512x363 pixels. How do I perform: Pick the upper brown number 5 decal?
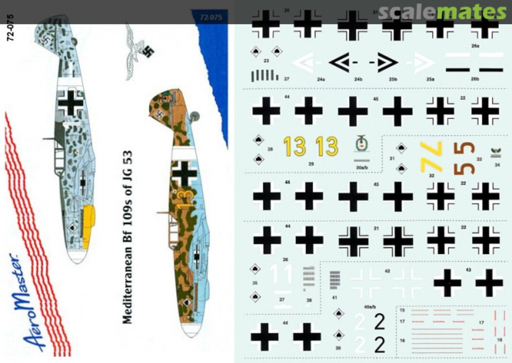(467, 149)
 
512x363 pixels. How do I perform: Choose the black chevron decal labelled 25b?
(385, 63)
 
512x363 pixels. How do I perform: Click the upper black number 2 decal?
(379, 322)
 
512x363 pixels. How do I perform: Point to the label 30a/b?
(361, 167)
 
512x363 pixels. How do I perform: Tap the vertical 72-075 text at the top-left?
(11, 28)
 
